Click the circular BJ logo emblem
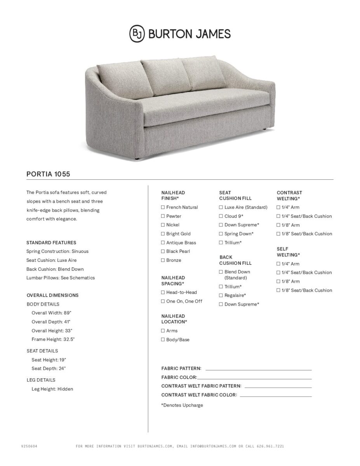pos(137,34)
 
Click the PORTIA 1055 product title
pos(48,174)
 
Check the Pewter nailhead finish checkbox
pos(163,216)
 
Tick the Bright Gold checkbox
pos(163,234)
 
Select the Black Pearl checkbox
pos(163,251)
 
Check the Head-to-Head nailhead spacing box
pos(163,292)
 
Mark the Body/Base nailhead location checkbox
pos(163,340)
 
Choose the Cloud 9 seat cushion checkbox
pos(221,216)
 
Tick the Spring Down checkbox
pos(221,234)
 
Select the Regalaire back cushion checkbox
pos(221,296)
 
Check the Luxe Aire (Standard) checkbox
pos(221,207)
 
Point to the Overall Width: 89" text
pos(52,313)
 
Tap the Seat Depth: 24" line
pos(49,369)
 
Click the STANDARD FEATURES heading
pos(51,243)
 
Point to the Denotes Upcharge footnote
pos(182,405)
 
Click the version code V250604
pos(29,447)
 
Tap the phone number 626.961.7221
pos(270,447)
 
